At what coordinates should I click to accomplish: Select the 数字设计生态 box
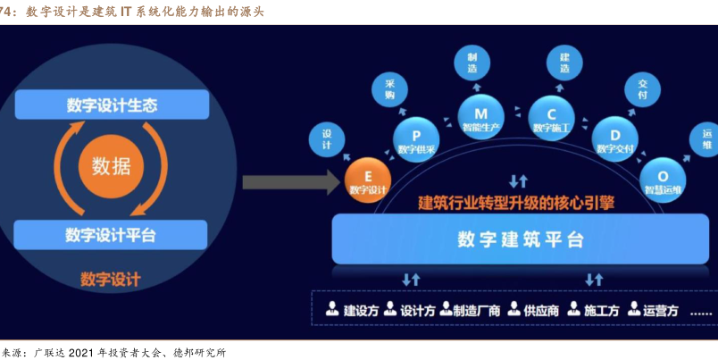pyautogui.click(x=112, y=105)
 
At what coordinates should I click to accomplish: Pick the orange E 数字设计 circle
pyautogui.click(x=368, y=180)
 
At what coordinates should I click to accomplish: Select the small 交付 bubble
pyautogui.click(x=643, y=87)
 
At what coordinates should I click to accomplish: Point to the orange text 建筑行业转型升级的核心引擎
pyautogui.click(x=517, y=203)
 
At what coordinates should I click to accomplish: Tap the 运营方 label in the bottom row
pyautogui.click(x=660, y=311)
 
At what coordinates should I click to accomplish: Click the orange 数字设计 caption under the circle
pyautogui.click(x=111, y=279)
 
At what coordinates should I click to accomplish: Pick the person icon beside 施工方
pyautogui.click(x=574, y=310)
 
